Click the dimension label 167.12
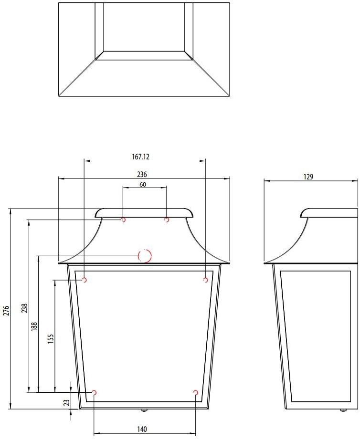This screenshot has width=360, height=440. point(144,157)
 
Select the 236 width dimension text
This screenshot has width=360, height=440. point(142,174)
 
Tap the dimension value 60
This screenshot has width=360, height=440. point(143,184)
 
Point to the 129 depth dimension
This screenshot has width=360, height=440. point(308,177)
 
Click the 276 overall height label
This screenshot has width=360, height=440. point(6,310)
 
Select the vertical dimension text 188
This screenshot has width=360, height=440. point(34,327)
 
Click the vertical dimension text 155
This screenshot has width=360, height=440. point(51,338)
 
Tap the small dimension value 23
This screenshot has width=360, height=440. point(67,403)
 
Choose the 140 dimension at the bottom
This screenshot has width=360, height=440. point(142,429)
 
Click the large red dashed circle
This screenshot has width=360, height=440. point(145,256)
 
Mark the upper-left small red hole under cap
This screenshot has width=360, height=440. point(124,220)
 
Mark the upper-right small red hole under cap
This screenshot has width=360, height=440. point(167,220)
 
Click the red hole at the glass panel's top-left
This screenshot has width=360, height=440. point(85,280)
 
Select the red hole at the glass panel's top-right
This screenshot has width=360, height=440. point(206,280)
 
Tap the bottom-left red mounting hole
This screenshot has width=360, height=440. point(94,393)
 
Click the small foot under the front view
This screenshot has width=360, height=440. point(143,410)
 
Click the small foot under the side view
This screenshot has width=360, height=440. point(342,410)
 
